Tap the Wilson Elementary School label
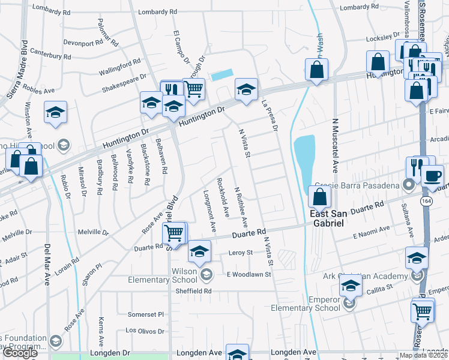pos(163,275)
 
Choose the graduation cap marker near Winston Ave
pos(55,112)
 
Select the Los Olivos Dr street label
pos(144,331)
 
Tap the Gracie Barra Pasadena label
pos(362,186)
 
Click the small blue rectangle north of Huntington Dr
pos(221,75)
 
